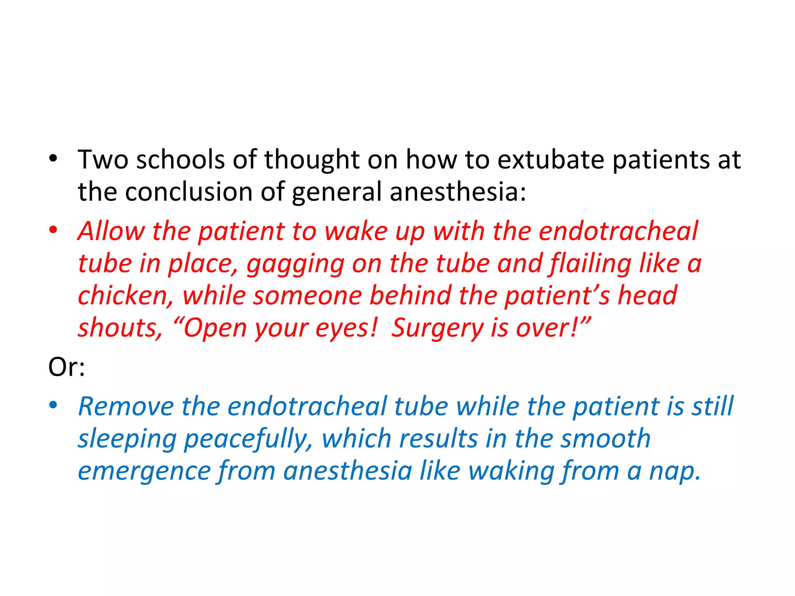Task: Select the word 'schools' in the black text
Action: tap(180, 159)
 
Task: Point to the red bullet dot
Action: tap(53, 229)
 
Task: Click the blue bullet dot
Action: tap(53, 405)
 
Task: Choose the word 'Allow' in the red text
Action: tap(111, 231)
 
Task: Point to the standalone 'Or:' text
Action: tap(66, 367)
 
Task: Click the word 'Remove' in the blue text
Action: tap(126, 407)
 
